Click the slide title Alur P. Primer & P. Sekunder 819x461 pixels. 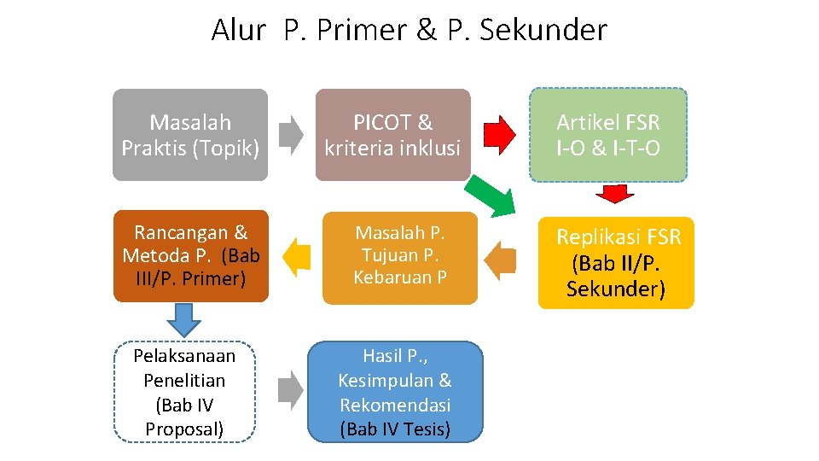pos(409,30)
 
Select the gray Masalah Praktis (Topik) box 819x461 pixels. pos(190,135)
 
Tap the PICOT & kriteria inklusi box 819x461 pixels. pos(392,135)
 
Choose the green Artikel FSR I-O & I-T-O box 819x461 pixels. pos(607,135)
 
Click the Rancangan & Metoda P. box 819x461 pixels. pos(191,255)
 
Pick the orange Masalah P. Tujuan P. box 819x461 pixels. pos(399,255)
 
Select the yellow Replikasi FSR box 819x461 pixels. pos(616,263)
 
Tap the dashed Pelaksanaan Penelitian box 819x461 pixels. pos(184,392)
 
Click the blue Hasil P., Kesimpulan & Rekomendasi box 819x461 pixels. pos(394,392)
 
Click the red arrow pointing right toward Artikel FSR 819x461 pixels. pos(500,134)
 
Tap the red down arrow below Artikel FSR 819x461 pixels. pos(612,195)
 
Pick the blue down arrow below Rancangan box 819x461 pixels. pos(183,318)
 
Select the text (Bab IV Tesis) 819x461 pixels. pos(394,429)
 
